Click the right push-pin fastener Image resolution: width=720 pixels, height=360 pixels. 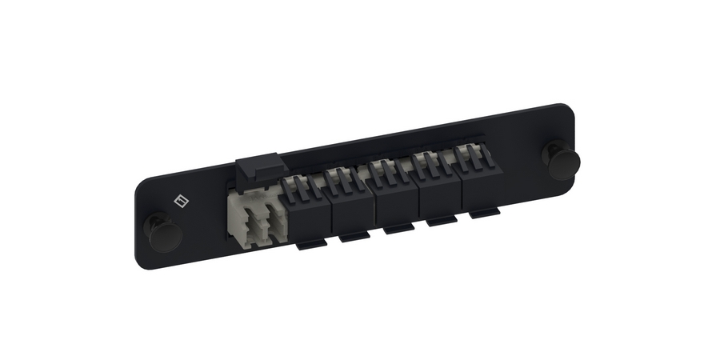coord(562,158)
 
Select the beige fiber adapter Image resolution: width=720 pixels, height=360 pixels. coord(255,216)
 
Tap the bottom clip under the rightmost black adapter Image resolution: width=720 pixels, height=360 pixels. coord(482,214)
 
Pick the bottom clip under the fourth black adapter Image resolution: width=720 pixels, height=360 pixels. coord(438,221)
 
